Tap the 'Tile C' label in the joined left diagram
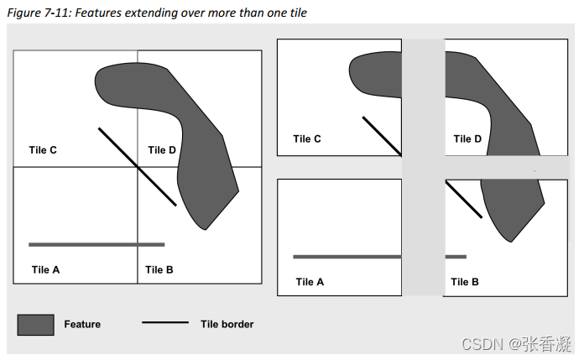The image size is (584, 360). tap(42, 150)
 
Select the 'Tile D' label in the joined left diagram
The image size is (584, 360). tap(162, 150)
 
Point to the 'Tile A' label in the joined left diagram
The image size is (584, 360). tap(45, 269)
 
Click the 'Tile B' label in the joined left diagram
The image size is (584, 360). tap(159, 269)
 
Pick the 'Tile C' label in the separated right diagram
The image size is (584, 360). tap(307, 139)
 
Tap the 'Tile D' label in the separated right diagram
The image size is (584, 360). tap(467, 139)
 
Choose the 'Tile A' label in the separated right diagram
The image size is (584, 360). tap(310, 282)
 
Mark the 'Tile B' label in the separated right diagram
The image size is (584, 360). tap(465, 282)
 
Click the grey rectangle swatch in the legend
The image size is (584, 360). tap(35, 325)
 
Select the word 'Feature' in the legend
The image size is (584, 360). tap(82, 324)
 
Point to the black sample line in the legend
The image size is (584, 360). tap(165, 323)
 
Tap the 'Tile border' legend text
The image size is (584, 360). tap(227, 324)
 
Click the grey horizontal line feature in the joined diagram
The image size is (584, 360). tap(96, 244)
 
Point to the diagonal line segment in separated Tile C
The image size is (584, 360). tap(382, 136)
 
